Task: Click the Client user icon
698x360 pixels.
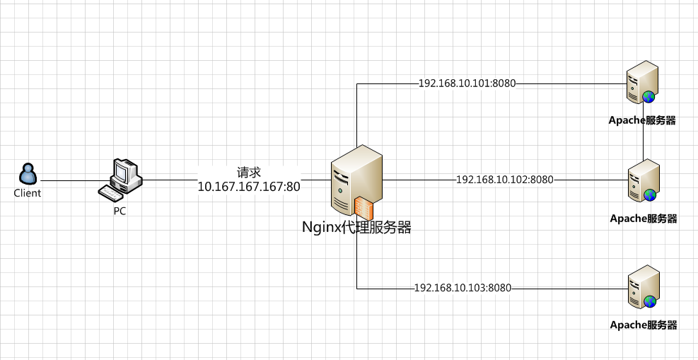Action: coord(28,174)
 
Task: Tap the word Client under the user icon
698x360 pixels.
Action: coord(28,193)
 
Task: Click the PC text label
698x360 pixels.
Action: coord(120,211)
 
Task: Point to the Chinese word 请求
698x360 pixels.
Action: coord(249,173)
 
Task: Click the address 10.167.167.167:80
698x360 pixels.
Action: coord(249,187)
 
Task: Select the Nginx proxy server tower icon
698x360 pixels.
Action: coord(356,180)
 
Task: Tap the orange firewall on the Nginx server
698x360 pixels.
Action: coord(363,208)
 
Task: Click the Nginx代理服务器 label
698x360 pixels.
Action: coord(356,228)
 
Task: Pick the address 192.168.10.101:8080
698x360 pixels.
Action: coord(467,83)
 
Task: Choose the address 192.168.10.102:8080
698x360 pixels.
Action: coord(505,180)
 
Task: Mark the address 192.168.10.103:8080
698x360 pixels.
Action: coord(463,288)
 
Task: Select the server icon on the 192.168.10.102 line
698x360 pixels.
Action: coord(644,180)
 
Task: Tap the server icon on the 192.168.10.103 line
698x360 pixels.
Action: coord(644,286)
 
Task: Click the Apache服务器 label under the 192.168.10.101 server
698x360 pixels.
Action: coord(643,120)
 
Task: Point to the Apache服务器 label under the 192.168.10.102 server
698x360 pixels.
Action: coord(644,219)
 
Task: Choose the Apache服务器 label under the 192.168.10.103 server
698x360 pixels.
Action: coord(644,325)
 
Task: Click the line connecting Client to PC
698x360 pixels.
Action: coord(67,180)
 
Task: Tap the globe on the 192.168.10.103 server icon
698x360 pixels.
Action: coord(650,302)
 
